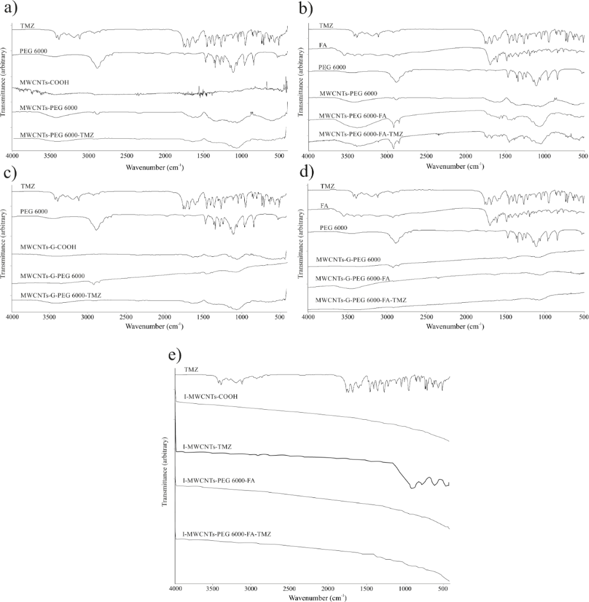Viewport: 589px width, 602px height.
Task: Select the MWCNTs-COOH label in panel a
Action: tap(45, 81)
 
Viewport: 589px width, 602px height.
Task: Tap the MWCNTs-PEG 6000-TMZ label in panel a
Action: tap(56, 135)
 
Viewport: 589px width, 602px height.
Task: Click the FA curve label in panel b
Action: tap(323, 45)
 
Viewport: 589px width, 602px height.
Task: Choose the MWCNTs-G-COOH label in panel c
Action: tap(49, 246)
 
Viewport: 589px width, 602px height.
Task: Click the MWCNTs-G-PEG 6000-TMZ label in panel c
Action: tap(61, 295)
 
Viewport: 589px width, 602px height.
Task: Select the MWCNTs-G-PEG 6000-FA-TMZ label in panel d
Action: tap(361, 300)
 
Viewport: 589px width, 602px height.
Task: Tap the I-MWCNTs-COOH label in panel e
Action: tap(211, 396)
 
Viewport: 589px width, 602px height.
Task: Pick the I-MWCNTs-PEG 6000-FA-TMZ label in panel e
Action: tap(227, 534)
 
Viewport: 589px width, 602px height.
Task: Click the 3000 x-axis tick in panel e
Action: tap(251, 588)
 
